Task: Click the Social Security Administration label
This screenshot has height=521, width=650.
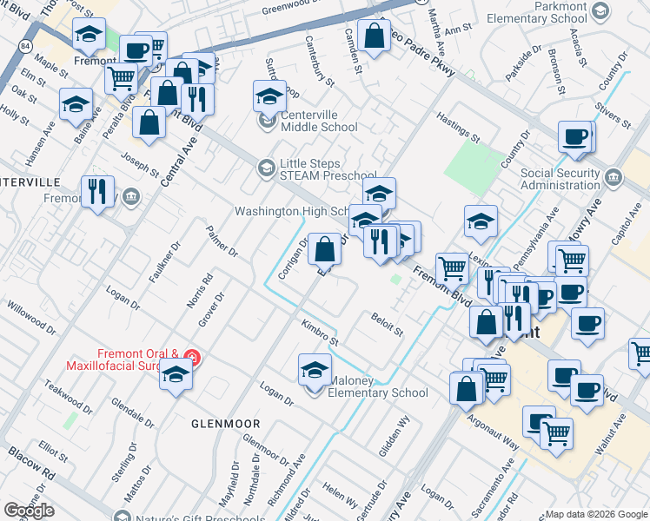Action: (560, 179)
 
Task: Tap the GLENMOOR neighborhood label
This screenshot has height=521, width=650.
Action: (225, 423)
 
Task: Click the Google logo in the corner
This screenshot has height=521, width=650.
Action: (29, 511)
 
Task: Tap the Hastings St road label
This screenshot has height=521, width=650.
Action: (458, 127)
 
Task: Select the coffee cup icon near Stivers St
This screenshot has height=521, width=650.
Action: (574, 137)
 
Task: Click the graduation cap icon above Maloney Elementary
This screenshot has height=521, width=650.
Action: (315, 370)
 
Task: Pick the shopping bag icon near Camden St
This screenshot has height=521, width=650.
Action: (374, 36)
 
